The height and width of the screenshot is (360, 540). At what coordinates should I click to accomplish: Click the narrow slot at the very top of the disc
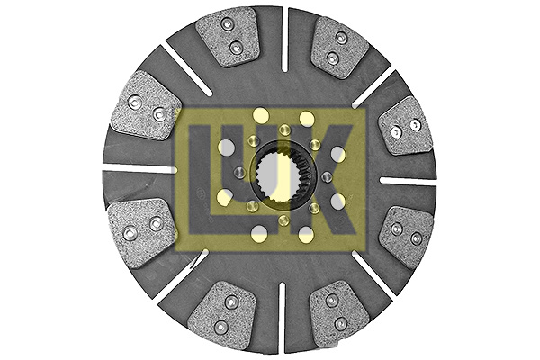(284, 39)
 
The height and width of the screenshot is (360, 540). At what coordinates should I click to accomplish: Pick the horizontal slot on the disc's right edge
(408, 181)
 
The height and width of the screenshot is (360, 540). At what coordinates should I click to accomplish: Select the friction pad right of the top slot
(339, 47)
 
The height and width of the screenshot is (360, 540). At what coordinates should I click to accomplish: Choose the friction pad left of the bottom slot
(223, 314)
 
